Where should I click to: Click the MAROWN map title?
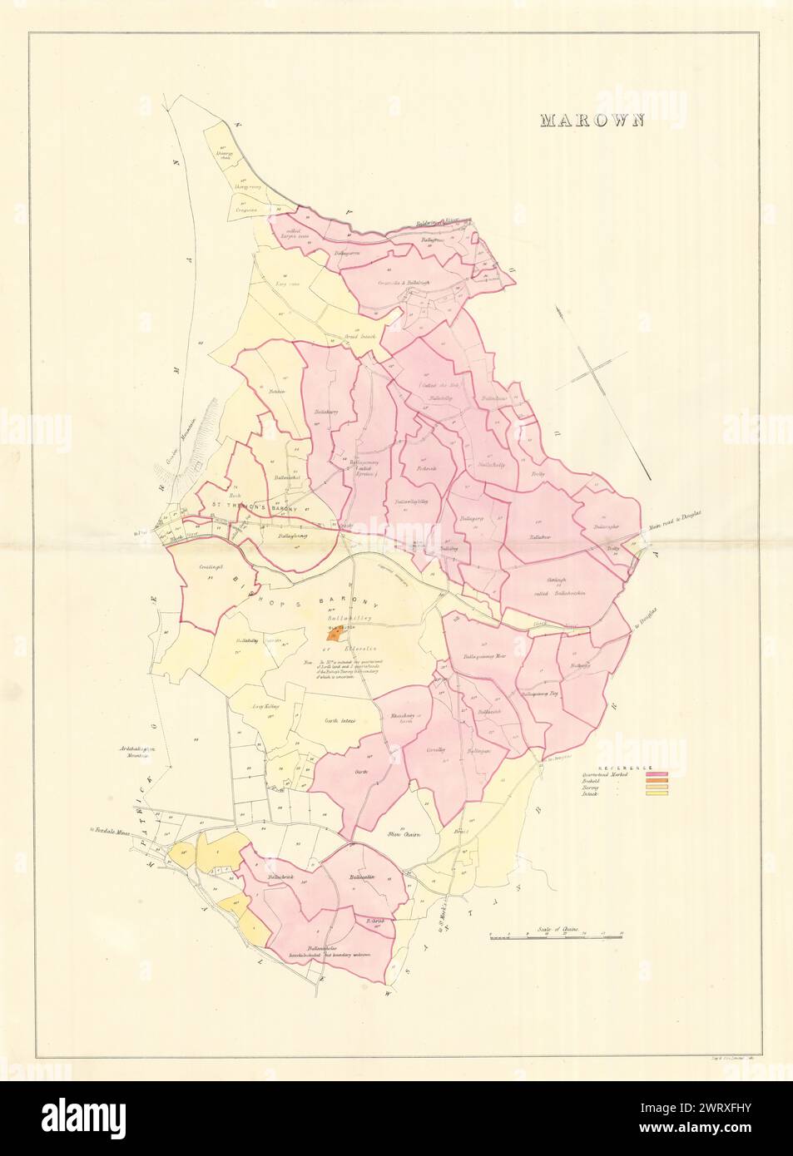coord(592,120)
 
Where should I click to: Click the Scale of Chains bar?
coord(556,936)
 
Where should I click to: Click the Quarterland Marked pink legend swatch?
coord(657,775)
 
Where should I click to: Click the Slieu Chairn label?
coord(402,832)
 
